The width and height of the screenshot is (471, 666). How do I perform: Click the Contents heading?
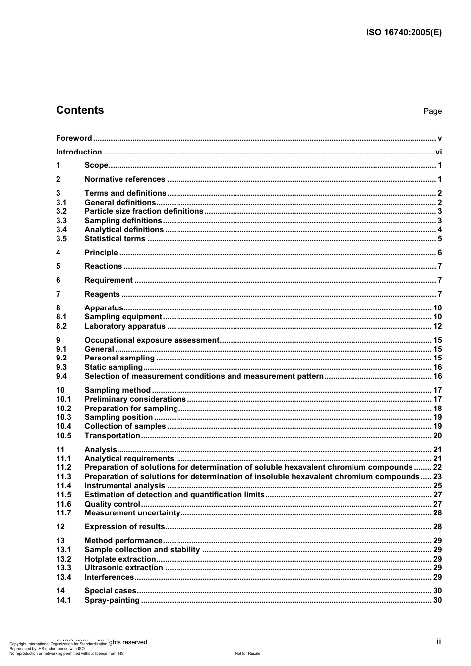point(80,110)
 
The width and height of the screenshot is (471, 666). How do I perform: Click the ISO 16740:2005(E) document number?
point(404,33)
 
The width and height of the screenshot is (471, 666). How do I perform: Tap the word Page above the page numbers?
point(432,111)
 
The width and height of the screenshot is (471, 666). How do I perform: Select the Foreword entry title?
point(74,138)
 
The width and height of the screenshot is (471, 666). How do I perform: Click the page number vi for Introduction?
point(438,152)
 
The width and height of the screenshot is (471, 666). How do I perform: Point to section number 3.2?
point(61,211)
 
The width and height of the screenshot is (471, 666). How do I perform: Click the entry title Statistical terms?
point(115,239)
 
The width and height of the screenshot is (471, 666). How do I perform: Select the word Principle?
point(101,253)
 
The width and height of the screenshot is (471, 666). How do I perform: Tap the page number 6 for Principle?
point(439,253)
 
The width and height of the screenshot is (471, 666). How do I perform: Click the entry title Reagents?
point(102,294)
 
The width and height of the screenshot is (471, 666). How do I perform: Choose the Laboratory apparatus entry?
point(125,326)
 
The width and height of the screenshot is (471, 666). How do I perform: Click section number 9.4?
point(61,376)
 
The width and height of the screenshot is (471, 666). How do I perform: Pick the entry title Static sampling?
point(114,367)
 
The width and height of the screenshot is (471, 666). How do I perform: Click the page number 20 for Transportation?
point(437,436)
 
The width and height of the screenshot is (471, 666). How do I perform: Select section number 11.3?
point(63,477)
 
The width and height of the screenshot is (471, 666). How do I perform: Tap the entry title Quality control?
point(113,504)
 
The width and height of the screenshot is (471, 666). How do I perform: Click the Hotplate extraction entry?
point(120,559)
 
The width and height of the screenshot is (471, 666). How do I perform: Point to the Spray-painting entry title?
point(112,600)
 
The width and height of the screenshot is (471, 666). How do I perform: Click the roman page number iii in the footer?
point(439,642)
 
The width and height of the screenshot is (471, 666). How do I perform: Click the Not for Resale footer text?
point(247,653)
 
